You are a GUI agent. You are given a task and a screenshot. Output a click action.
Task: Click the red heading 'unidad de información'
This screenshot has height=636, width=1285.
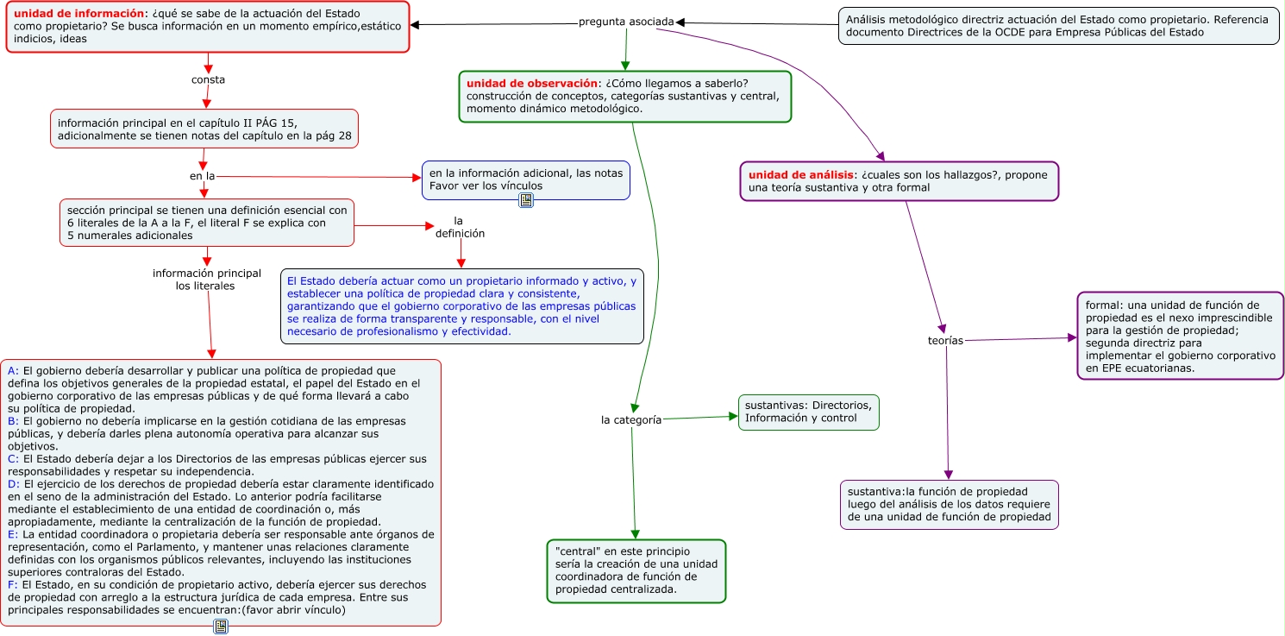[78, 13]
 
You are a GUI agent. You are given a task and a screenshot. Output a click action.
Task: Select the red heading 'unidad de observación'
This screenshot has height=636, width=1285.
[532, 83]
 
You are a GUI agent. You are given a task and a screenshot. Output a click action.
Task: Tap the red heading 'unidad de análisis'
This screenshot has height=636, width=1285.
[801, 174]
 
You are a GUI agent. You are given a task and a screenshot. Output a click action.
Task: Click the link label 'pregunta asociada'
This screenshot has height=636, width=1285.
[626, 22]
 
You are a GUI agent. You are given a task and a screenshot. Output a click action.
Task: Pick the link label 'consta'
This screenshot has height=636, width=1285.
[208, 79]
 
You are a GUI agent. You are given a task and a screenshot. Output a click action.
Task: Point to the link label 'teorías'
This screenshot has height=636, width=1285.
[945, 340]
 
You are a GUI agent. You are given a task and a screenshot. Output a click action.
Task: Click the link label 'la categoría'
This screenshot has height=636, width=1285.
[631, 420]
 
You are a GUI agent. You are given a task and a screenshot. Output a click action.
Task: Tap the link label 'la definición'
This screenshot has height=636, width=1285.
[460, 227]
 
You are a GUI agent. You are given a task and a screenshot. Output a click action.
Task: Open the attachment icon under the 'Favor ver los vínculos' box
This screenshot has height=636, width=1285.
[526, 200]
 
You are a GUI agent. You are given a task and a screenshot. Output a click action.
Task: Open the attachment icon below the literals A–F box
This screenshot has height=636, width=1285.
[221, 627]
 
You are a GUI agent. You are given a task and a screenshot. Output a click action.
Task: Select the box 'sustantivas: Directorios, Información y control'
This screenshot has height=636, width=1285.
[808, 412]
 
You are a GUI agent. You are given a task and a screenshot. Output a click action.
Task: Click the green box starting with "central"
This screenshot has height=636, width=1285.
[636, 570]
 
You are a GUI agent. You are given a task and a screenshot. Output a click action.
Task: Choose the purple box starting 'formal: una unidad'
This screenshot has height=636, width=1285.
[1180, 337]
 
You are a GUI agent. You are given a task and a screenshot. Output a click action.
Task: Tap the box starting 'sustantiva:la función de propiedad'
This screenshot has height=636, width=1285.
[950, 505]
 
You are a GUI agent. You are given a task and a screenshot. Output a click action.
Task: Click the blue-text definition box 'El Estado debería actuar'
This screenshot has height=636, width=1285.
[461, 306]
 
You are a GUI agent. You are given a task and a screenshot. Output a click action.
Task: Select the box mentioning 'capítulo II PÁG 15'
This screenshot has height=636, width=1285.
[204, 129]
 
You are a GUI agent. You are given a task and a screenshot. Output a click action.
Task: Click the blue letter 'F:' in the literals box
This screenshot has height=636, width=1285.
[13, 585]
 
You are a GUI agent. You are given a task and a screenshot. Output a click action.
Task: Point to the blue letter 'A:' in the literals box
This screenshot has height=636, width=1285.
[13, 371]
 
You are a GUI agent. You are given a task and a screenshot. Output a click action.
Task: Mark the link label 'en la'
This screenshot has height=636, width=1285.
[202, 176]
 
